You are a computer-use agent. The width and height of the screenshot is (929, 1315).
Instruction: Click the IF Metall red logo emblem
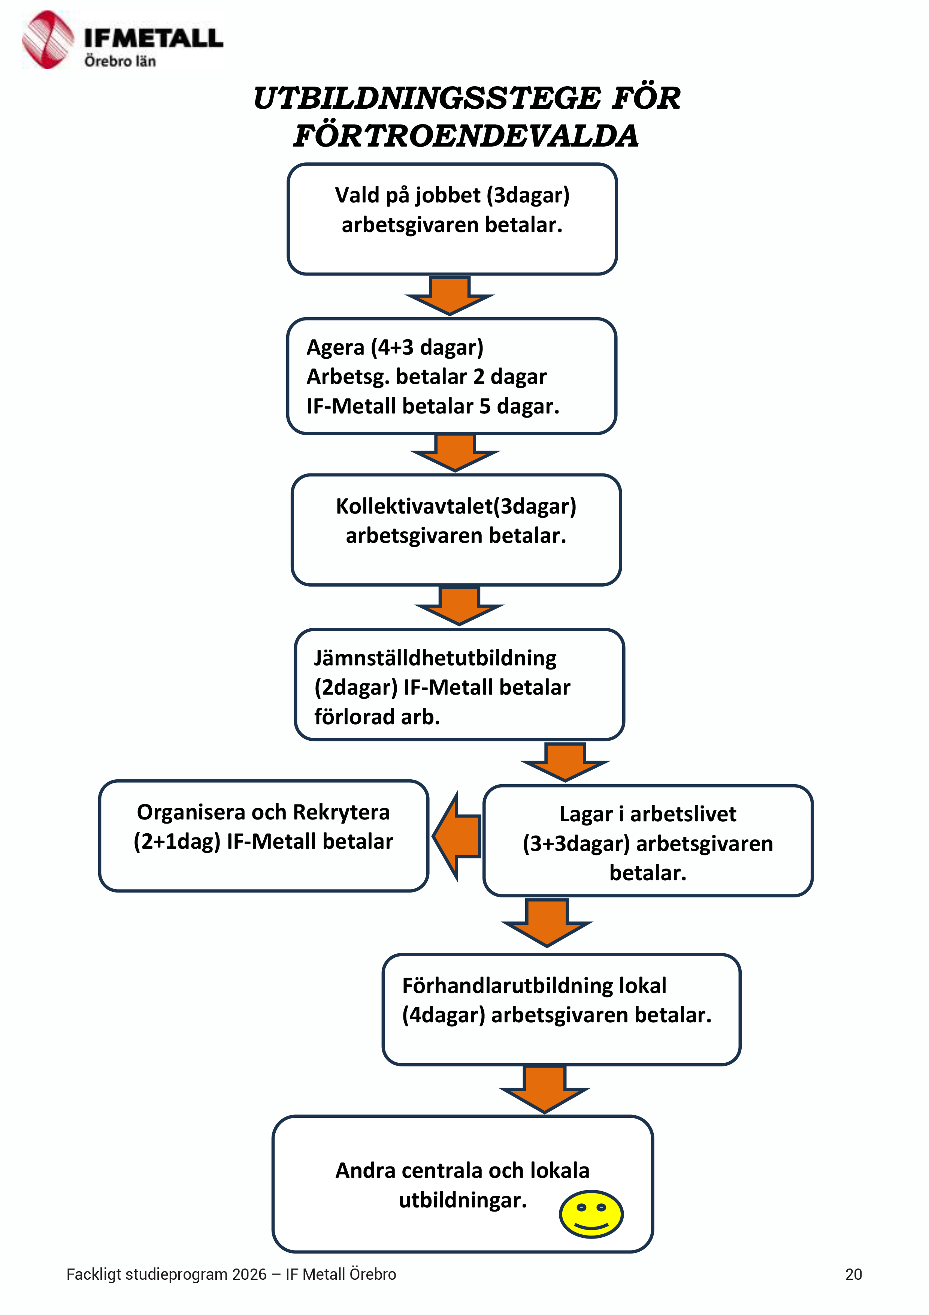pyautogui.click(x=48, y=39)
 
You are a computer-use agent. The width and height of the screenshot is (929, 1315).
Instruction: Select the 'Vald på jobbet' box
pyautogui.click(x=452, y=219)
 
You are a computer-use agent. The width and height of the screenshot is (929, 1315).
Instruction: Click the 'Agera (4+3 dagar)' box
pyautogui.click(x=452, y=376)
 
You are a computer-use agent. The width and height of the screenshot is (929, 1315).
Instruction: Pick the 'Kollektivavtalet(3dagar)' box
pyautogui.click(x=456, y=530)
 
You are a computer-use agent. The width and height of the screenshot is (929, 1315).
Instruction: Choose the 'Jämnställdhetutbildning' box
pyautogui.click(x=460, y=684)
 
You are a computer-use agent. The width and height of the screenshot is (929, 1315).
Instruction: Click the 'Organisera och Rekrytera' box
pyautogui.click(x=263, y=836)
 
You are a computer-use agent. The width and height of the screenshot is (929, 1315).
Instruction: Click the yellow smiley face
pyautogui.click(x=591, y=1214)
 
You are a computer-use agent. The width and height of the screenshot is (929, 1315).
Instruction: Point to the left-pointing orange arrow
pyautogui.click(x=456, y=836)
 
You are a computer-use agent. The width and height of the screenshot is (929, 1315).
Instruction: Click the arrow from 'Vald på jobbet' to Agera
pyautogui.click(x=450, y=295)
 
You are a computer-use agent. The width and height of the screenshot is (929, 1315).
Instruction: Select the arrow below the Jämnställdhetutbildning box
pyautogui.click(x=566, y=762)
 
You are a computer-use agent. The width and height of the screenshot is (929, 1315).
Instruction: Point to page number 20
pyautogui.click(x=853, y=1275)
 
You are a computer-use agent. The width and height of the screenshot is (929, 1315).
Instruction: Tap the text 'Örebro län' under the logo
pyautogui.click(x=120, y=61)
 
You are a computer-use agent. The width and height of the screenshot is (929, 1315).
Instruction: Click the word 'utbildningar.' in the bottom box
pyautogui.click(x=463, y=1200)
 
